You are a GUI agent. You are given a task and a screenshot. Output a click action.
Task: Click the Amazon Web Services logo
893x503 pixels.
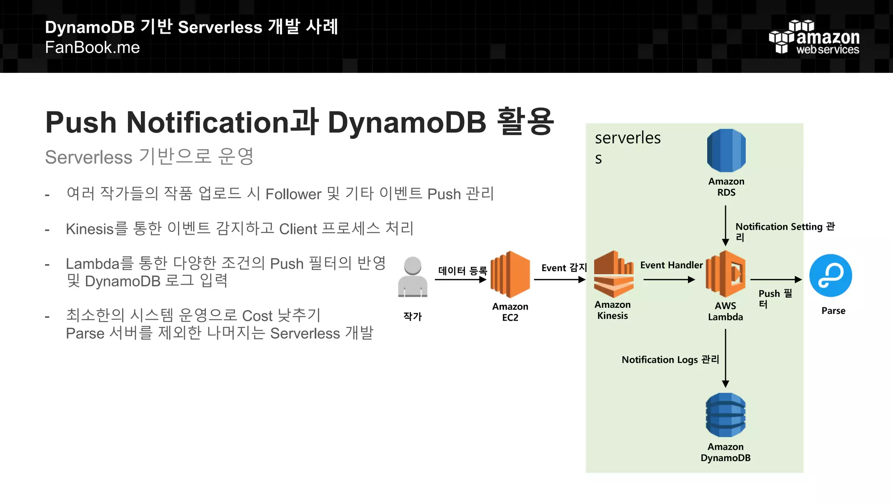[814, 38]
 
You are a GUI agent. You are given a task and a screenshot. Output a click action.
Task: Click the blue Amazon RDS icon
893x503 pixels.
[726, 151]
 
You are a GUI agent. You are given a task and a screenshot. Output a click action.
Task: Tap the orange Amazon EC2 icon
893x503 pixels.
[510, 274]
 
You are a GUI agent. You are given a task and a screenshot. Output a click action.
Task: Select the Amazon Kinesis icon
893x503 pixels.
[614, 274]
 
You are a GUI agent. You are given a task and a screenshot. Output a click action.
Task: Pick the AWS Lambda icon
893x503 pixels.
[726, 274]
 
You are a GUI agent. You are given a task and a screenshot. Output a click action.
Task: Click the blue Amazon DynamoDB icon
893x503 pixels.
[726, 415]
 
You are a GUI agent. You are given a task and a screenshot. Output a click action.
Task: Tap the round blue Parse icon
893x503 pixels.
[831, 276]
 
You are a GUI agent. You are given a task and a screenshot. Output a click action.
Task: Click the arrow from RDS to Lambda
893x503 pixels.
[726, 225]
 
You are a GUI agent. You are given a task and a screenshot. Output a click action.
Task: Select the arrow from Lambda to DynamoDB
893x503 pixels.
[726, 358]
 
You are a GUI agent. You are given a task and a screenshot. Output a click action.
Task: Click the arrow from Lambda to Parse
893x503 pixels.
[776, 279]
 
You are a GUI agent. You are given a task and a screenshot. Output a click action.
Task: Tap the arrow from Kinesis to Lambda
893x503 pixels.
[669, 279]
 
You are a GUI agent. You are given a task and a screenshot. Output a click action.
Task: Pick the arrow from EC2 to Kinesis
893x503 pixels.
[559, 279]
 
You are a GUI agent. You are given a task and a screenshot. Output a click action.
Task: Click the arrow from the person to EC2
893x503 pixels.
[460, 279]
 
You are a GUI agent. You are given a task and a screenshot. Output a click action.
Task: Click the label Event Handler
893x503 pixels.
[671, 265]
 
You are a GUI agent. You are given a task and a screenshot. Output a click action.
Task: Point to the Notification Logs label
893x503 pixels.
[670, 359]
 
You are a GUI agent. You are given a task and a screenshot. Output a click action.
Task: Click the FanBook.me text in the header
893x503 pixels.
[92, 47]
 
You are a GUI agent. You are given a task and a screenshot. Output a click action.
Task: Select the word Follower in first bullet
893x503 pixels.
[293, 194]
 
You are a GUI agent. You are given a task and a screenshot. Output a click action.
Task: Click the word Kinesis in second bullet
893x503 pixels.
[89, 229]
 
